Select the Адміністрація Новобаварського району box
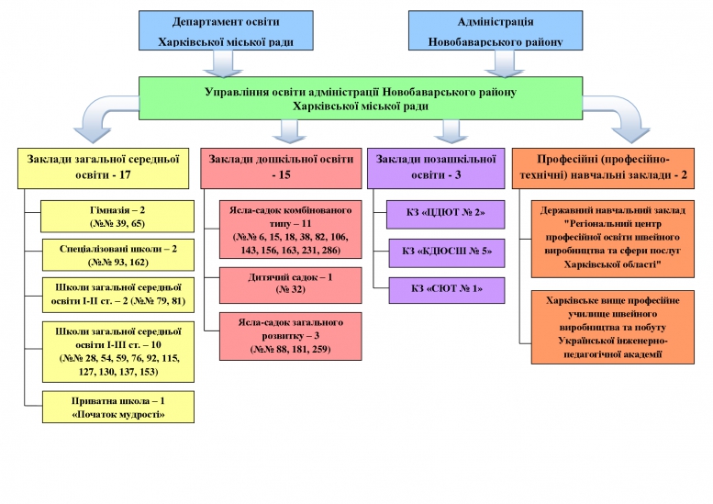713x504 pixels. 496,31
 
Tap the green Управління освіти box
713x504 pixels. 360,98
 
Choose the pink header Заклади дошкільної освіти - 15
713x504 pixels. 281,168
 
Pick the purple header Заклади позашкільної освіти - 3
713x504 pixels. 436,168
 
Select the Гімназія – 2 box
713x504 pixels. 118,217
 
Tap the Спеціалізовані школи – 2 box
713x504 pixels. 118,255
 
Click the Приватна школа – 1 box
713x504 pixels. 118,407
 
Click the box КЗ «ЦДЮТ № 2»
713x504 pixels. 446,214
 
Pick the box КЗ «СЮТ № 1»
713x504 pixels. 446,290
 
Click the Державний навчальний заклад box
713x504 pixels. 613,237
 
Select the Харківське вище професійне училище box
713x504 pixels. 613,327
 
